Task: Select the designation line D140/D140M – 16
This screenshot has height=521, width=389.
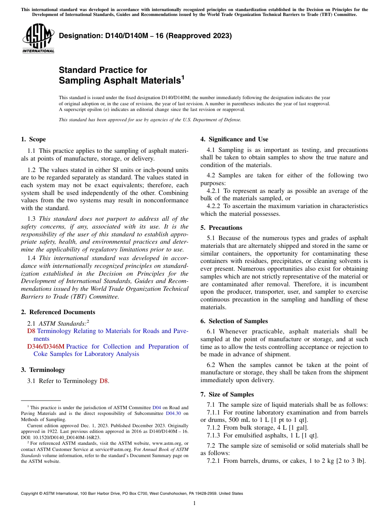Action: point(145,36)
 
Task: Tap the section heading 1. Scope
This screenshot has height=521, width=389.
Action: point(33,139)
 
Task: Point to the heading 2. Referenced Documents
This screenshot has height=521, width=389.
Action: point(58,312)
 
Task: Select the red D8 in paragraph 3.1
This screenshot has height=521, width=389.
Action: point(104,381)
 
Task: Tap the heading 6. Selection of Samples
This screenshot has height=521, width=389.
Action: point(234,321)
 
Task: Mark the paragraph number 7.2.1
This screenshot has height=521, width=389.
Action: point(214,461)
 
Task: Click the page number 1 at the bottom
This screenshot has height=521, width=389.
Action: point(194,503)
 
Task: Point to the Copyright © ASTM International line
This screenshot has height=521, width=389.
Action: point(132,494)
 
